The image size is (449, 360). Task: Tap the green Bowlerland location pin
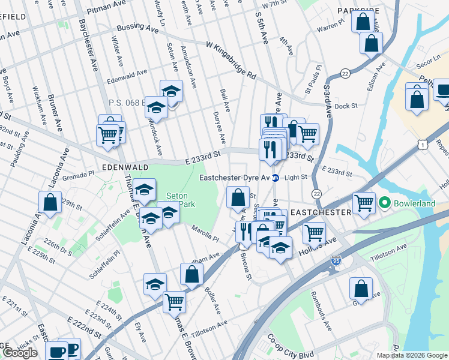pos(385,203)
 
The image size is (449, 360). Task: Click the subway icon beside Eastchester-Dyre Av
pos(276,178)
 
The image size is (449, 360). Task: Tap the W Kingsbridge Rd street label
pos(231,61)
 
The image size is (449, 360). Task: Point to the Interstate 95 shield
pos(336,261)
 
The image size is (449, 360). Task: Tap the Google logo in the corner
pos(20,352)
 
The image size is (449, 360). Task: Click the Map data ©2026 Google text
pos(411,355)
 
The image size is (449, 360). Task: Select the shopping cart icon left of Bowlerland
pos(363,203)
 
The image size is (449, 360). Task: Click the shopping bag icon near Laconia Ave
pos(50,203)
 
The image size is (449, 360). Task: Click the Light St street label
pos(295,178)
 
